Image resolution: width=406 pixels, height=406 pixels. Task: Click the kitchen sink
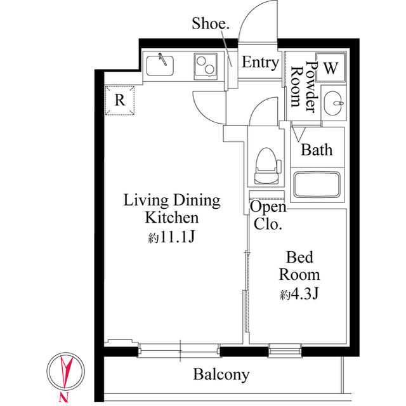click(161, 64)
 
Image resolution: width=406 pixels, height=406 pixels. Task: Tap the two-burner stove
click(206, 64)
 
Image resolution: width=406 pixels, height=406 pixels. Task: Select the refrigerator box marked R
click(120, 100)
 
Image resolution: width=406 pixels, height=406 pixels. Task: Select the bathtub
click(318, 185)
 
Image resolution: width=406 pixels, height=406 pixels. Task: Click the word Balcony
click(221, 374)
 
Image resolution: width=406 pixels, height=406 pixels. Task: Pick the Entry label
click(260, 63)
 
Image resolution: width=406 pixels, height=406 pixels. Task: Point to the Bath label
click(317, 150)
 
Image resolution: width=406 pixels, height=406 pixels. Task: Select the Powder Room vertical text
click(303, 86)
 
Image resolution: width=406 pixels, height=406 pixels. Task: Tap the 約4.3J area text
click(299, 294)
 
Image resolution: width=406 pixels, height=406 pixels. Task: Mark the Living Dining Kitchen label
click(171, 209)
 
